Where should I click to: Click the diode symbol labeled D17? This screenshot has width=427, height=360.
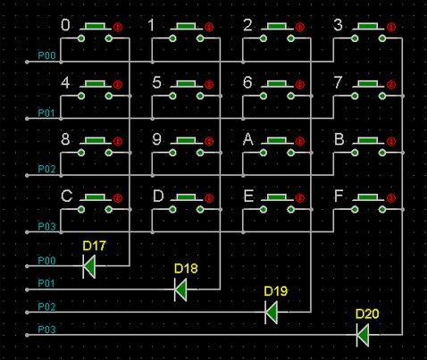pos(89,266)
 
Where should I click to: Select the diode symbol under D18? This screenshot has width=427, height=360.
pos(180,289)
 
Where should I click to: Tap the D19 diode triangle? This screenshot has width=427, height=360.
pos(272,312)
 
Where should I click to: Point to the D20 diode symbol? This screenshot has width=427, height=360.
pos(363,335)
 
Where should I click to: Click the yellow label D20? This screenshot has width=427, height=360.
pos(367,314)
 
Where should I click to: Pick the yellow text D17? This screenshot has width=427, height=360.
pos(94,246)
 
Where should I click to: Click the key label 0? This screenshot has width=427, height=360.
pos(65,25)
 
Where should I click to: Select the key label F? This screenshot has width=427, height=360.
pos(339,196)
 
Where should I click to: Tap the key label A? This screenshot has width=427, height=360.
pos(248,139)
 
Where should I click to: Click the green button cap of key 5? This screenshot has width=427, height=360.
pos(187,83)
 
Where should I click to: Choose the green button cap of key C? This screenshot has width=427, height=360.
pos(96,197)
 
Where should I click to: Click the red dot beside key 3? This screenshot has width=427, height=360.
pos(391,27)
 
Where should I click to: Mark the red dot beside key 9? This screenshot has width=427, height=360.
pos(209,141)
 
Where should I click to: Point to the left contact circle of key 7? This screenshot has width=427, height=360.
pos(355,96)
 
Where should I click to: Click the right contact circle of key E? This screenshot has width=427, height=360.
pos(291,210)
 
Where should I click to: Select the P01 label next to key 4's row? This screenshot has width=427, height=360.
pos(46,113)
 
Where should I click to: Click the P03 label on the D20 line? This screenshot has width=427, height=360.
pos(46,330)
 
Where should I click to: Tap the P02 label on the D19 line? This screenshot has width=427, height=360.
pos(46,306)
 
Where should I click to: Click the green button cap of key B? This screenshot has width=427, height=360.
pos(368,140)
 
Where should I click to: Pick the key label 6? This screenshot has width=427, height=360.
pos(247,82)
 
